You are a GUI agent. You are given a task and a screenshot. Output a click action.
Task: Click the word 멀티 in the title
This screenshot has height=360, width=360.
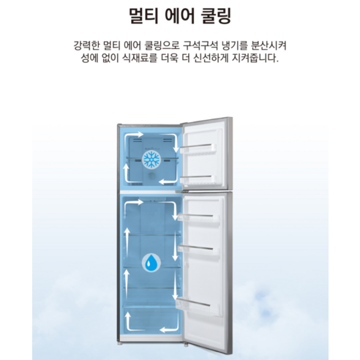tap(144, 16)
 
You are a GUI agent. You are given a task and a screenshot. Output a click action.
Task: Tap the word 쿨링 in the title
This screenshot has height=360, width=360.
tap(215, 16)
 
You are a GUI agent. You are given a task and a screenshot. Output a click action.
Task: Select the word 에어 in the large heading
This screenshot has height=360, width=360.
tap(180, 16)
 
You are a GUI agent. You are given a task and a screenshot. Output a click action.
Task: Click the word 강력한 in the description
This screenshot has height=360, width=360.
tap(86, 45)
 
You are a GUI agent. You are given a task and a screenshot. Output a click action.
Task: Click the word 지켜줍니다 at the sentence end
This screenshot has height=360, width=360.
tap(255, 59)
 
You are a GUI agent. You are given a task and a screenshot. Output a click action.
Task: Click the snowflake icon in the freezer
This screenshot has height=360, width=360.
tap(151, 159)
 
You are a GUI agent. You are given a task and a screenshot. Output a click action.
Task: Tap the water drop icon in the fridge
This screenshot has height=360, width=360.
tap(151, 263)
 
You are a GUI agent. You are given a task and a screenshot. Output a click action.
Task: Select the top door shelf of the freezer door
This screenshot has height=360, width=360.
tap(198, 149)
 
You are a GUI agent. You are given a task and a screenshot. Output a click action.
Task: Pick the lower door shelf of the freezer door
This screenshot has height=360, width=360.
tap(198, 180)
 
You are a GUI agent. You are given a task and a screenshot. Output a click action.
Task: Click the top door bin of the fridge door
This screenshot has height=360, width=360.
tap(198, 217)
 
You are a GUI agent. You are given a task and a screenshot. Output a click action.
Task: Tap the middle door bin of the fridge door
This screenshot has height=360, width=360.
tap(198, 250)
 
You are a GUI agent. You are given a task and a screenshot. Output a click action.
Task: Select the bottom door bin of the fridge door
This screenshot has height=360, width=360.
tap(198, 307)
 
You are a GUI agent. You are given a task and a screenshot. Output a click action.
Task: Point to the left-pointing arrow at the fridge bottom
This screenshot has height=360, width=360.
tap(169, 329)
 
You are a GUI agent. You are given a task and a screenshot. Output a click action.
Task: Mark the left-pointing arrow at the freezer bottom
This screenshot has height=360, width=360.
tap(168, 181)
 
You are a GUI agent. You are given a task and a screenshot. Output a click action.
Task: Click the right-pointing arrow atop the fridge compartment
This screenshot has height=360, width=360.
tap(135, 203)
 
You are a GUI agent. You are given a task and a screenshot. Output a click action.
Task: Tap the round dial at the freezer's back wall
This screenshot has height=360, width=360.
tap(151, 176)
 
